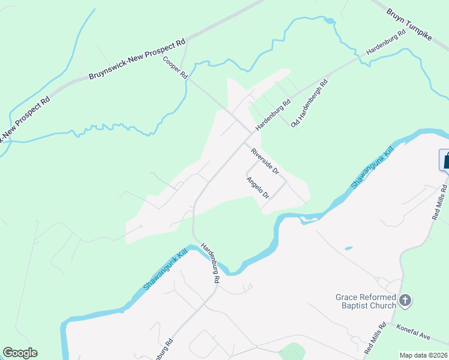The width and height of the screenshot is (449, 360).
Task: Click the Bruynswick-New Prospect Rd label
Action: pos(137,60)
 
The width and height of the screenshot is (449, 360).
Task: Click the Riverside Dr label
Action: pos(265,161)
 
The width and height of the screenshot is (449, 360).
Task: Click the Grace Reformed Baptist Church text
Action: pos(366,301)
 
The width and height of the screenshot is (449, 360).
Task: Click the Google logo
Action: pos(20,353)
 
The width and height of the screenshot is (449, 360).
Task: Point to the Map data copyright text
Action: pos(423,355)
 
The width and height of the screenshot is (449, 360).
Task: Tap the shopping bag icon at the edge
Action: pos(445,160)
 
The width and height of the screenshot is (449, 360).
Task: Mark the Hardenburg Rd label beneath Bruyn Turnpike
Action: pos(386,42)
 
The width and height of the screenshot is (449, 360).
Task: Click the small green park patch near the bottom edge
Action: pos(292,352)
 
